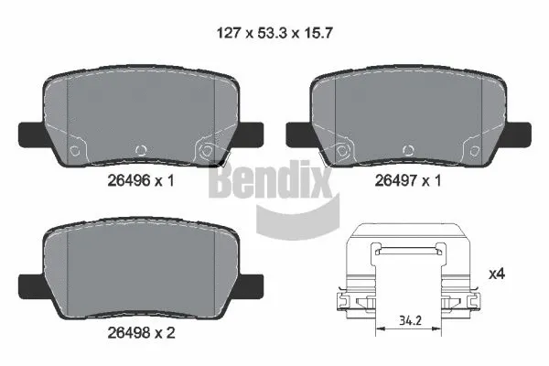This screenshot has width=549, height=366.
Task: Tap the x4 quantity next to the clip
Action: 498,274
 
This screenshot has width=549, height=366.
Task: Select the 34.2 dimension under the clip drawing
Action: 411,320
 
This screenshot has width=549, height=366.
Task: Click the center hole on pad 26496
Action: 140,151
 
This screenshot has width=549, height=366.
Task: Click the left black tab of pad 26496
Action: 30,134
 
